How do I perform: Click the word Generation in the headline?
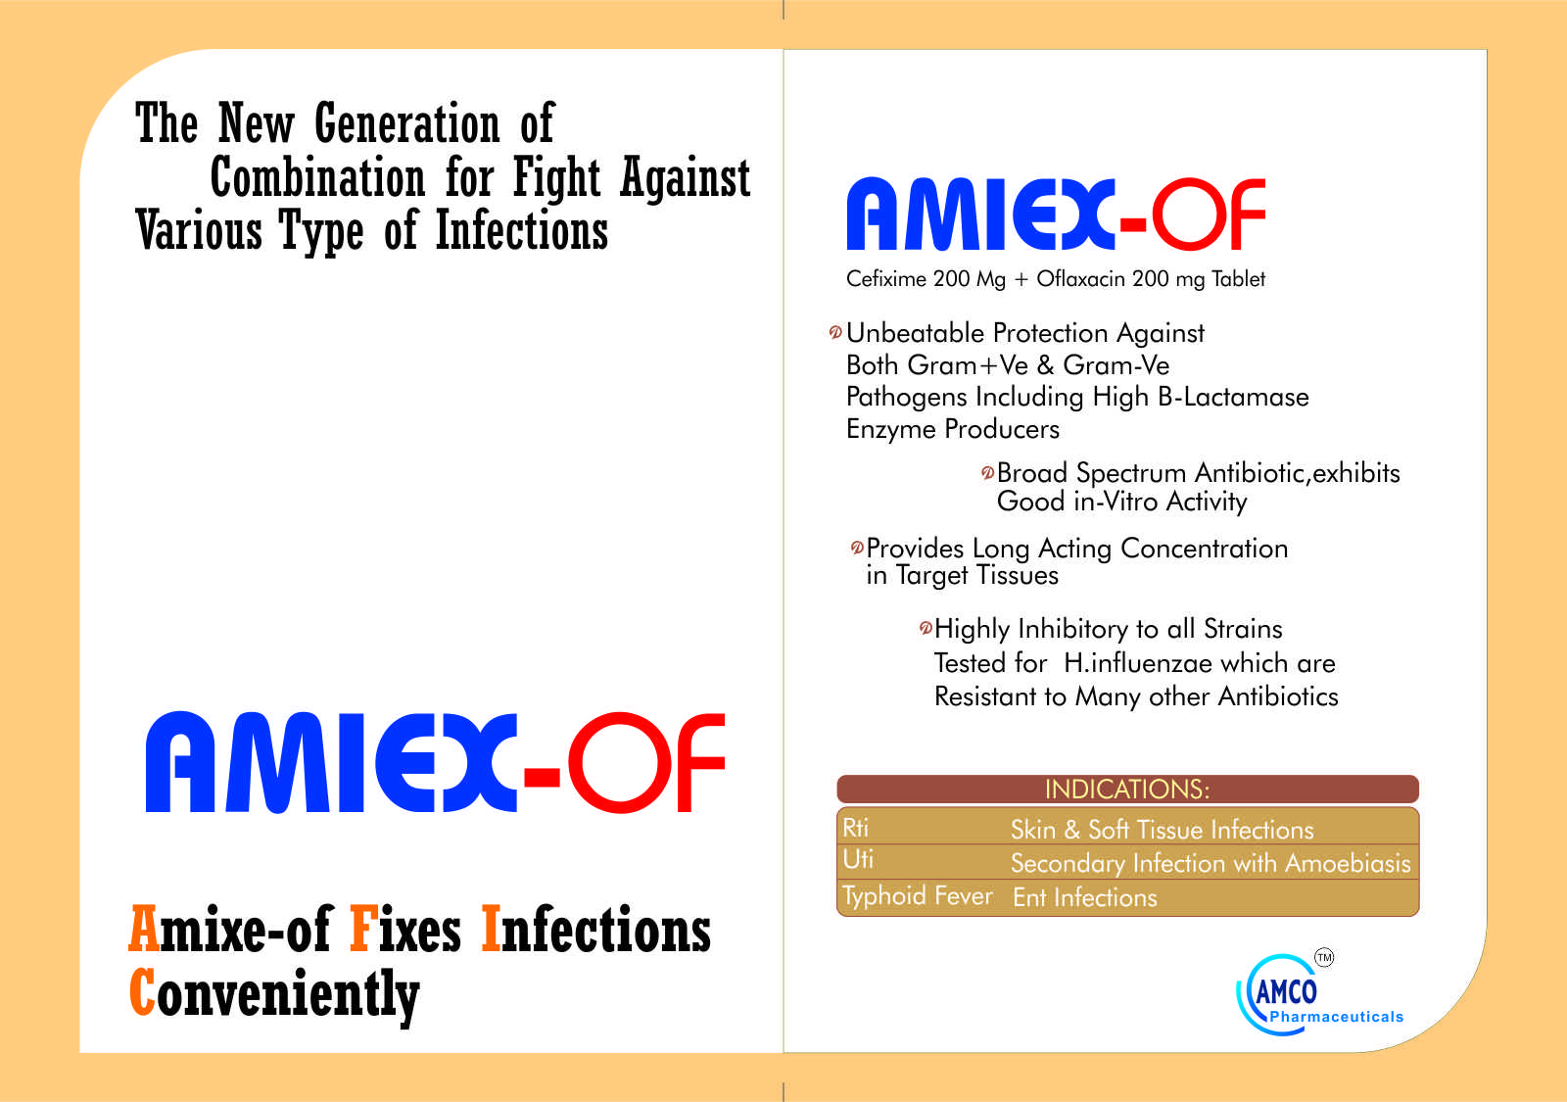pos(407,123)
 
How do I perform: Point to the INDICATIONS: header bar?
pos(1127,789)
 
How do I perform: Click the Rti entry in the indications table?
pos(855,828)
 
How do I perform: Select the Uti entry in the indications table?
pos(858,859)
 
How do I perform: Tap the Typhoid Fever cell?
pos(917,896)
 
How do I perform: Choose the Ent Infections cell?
pos(1084,897)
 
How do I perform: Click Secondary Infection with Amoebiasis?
pos(1211,863)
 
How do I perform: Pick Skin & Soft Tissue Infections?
pos(1162,830)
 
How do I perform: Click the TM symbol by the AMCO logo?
pos(1323,957)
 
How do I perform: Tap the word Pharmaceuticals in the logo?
pos(1336,1017)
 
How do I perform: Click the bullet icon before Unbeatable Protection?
pos(835,332)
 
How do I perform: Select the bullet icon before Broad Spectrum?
pos(987,473)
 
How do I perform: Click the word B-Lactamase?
pos(1233,397)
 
